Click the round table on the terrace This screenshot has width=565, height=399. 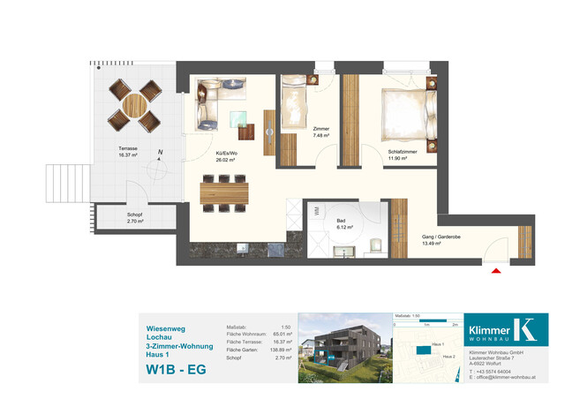(132, 104)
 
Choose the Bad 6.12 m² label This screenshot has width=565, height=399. (344, 223)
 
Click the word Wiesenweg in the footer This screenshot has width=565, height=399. (164, 327)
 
